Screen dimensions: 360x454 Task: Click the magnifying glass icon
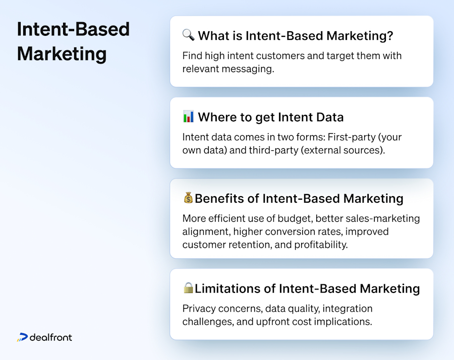pyautogui.click(x=188, y=35)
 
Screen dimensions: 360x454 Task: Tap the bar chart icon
pyautogui.click(x=188, y=117)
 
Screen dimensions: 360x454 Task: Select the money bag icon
pyautogui.click(x=188, y=198)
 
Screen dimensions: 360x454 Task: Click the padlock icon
pyautogui.click(x=188, y=288)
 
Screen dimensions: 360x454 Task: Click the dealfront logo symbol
pyautogui.click(x=22, y=337)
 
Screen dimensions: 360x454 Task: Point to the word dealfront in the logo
pyautogui.click(x=51, y=337)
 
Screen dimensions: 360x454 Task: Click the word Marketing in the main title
pyautogui.click(x=62, y=53)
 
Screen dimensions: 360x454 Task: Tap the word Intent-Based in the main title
pyautogui.click(x=73, y=29)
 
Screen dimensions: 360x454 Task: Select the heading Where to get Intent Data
pyautogui.click(x=270, y=117)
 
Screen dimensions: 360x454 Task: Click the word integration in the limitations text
pyautogui.click(x=348, y=308)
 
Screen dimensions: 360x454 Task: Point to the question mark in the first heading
pyautogui.click(x=389, y=36)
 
